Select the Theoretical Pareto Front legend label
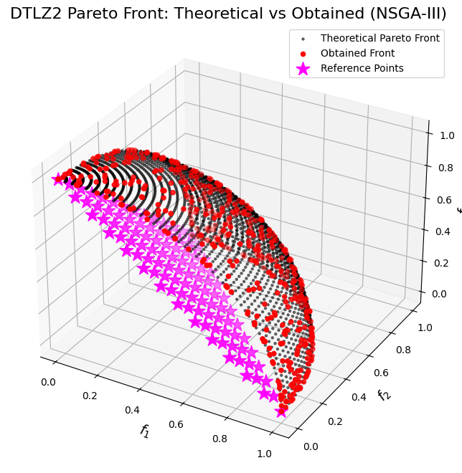[x=380, y=38]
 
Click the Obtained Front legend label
[x=358, y=53]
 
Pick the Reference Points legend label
[x=362, y=68]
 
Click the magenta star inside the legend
[x=303, y=68]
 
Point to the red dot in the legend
[x=303, y=53]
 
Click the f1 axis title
[x=144, y=431]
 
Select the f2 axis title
[x=384, y=396]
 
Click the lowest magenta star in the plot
[x=281, y=411]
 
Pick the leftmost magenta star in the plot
[x=59, y=179]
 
